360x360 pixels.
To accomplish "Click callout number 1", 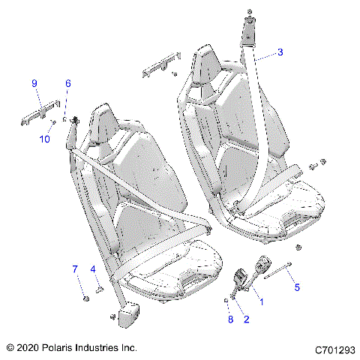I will (x=261, y=301).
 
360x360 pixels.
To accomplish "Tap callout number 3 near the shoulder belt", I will (x=280, y=52).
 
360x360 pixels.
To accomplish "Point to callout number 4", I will (x=93, y=268).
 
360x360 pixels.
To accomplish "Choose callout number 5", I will (x=296, y=286).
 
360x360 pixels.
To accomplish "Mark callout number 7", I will (x=75, y=268).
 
